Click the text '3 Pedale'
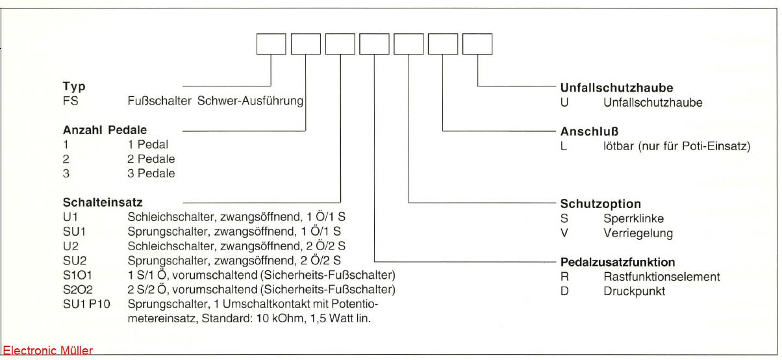[151, 174]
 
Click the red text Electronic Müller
[47, 352]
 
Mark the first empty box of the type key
[271, 44]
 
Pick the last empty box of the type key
[477, 44]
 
